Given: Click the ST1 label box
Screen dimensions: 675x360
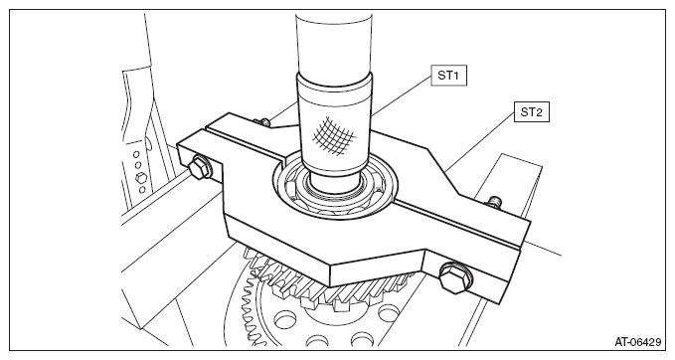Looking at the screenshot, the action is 448,76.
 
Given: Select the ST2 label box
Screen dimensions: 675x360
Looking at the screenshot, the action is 531,112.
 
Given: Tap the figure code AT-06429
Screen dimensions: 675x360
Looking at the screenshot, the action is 637,342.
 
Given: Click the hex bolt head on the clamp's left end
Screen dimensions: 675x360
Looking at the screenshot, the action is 199,168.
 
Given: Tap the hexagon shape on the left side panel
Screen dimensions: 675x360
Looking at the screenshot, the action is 140,178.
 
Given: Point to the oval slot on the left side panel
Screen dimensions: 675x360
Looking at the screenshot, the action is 148,142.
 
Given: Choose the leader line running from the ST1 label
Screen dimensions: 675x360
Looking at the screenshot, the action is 402,95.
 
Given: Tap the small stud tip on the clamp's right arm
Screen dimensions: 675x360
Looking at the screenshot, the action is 494,201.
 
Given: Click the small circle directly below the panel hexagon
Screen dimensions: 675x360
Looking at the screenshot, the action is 141,190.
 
